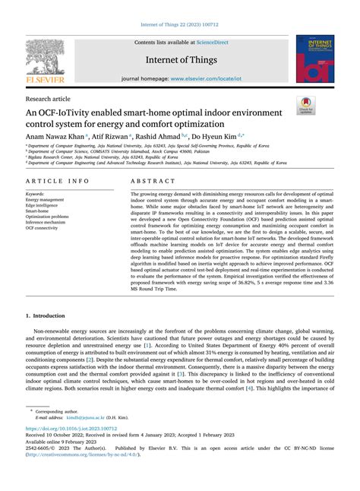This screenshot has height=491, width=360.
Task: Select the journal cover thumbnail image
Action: pyautogui.click(x=315, y=61)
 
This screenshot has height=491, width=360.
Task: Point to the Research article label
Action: pyautogui.click(x=48, y=98)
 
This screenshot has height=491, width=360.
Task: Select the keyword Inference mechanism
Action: pyautogui.click(x=47, y=221)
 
